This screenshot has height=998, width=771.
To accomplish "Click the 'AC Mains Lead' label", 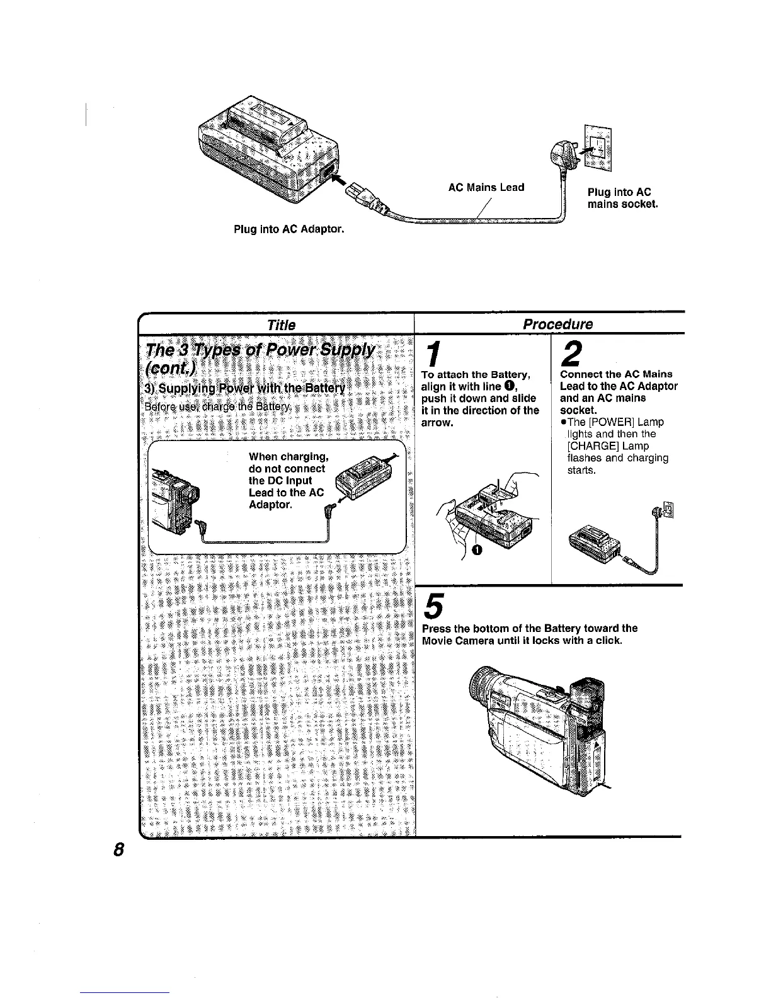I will [x=486, y=187].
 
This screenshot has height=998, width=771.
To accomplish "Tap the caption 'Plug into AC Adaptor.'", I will [x=288, y=229].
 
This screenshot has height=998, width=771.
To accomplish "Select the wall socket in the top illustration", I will [x=598, y=145].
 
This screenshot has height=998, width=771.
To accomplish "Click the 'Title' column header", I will [x=281, y=324].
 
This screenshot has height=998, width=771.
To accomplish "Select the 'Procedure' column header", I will [x=557, y=324].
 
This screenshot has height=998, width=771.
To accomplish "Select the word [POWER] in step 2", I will [x=595, y=422].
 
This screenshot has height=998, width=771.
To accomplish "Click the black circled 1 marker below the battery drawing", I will [x=476, y=551].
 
